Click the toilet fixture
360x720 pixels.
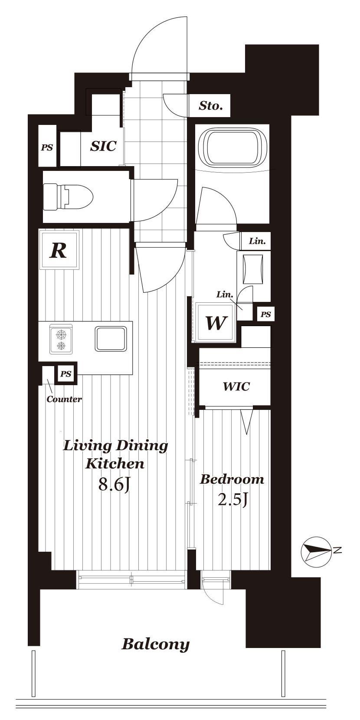[x=68, y=197]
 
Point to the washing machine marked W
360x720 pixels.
[x=216, y=322]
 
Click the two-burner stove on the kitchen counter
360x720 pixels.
[x=61, y=340]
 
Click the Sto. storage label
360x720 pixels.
[x=211, y=106]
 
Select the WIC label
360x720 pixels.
[x=236, y=386]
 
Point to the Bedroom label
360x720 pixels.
[x=232, y=480]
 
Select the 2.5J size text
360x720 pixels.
[x=233, y=500]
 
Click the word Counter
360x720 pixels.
[x=64, y=399]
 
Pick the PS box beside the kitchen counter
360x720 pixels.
[x=66, y=374]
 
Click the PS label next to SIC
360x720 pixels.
[x=47, y=147]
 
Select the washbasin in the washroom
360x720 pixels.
[x=254, y=269]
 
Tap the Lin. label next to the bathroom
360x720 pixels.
[x=257, y=241]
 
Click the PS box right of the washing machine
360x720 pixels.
[x=265, y=314]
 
